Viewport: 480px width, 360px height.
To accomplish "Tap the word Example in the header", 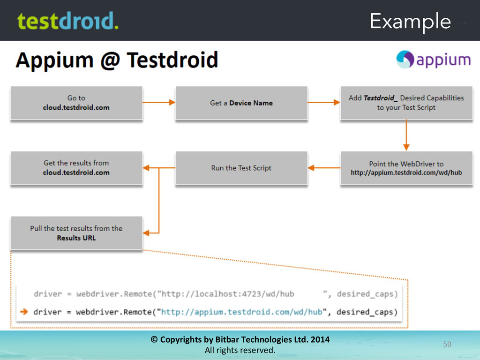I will [410, 22].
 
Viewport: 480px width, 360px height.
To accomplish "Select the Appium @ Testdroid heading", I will [117, 60].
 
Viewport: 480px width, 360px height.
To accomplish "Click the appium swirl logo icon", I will [405, 60].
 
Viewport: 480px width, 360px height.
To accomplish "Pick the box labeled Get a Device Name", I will [241, 103].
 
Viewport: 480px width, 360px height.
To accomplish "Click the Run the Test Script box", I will [241, 168].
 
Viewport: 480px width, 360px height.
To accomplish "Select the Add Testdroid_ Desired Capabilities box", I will [406, 103].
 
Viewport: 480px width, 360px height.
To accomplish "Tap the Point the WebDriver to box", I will [406, 168].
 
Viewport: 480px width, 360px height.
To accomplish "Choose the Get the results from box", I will [76, 168].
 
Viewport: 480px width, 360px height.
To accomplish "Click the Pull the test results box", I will [76, 233].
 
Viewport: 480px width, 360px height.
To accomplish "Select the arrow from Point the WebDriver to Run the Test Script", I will [324, 167].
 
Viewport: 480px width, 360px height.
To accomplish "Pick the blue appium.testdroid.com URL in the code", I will [242, 312].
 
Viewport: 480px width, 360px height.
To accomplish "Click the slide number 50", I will [447, 345].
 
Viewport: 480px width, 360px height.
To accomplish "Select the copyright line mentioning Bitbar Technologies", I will [240, 339].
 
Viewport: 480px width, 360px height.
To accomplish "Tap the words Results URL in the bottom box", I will [76, 238].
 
